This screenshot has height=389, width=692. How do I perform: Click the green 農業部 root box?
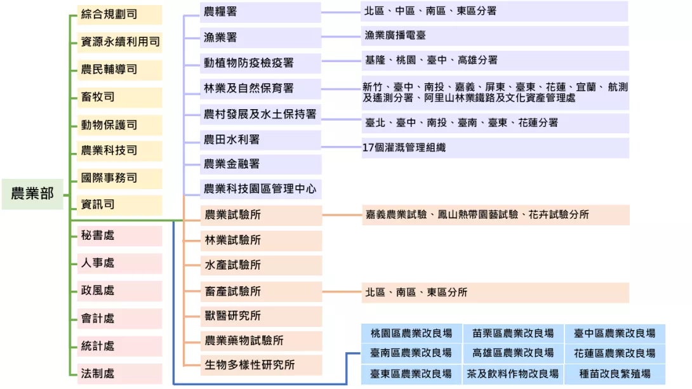click(x=32, y=194)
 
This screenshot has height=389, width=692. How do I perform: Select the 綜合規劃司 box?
click(x=119, y=15)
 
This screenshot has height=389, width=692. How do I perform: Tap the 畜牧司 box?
click(x=119, y=98)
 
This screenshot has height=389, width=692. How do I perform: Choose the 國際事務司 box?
click(x=119, y=178)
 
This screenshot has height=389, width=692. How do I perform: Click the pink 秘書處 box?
click(x=119, y=236)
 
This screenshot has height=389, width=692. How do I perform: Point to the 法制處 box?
click(x=119, y=374)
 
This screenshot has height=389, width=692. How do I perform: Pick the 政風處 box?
click(x=119, y=291)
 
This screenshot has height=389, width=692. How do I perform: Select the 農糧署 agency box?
click(x=260, y=12)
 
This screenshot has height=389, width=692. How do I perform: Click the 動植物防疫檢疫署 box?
click(x=260, y=63)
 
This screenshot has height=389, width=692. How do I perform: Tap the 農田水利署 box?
click(x=260, y=140)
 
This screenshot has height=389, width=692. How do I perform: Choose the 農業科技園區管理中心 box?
click(x=260, y=189)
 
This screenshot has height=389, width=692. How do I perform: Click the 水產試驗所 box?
click(x=261, y=265)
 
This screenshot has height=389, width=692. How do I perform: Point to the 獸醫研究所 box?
click(x=261, y=316)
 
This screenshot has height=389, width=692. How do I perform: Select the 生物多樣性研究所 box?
click(x=261, y=365)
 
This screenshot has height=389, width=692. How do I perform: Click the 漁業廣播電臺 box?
click(x=495, y=36)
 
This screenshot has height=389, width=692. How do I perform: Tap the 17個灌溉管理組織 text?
click(x=404, y=148)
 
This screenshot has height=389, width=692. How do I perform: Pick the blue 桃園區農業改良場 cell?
click(x=412, y=333)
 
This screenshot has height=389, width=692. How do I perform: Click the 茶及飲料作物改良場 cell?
click(x=513, y=374)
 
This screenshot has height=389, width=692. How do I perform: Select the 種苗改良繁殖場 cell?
click(x=615, y=374)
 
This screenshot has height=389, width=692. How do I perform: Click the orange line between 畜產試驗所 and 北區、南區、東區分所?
click(x=342, y=291)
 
